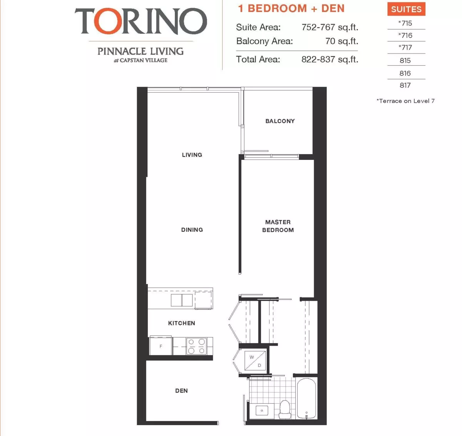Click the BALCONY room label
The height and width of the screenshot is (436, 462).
click(x=280, y=121)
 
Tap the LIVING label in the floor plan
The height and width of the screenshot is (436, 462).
click(x=192, y=155)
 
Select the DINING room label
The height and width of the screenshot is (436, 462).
click(x=192, y=230)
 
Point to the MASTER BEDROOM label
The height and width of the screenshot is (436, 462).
click(x=278, y=226)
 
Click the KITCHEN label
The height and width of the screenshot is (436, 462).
click(x=182, y=323)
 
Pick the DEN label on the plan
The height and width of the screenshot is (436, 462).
click(x=181, y=391)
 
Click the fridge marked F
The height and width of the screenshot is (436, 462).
click(x=161, y=346)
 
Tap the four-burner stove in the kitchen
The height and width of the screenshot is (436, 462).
click(x=197, y=346)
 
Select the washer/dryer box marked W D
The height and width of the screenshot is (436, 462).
click(x=255, y=361)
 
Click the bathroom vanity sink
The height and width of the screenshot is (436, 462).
click(x=262, y=411)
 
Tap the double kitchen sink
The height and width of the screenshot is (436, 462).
click(x=182, y=300)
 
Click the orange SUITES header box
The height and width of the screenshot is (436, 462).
click(x=407, y=9)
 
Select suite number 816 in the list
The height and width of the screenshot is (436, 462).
click(x=405, y=73)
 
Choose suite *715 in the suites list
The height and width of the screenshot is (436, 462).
click(x=405, y=23)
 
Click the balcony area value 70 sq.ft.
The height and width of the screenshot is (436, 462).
click(x=341, y=41)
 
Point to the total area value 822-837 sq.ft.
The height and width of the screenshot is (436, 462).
click(x=330, y=60)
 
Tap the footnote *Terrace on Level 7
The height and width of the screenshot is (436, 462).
click(x=405, y=101)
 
